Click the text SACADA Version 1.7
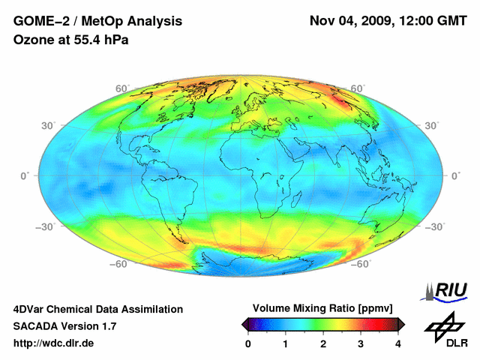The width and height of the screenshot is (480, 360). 64,326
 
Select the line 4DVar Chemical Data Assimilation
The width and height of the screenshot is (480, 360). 97,309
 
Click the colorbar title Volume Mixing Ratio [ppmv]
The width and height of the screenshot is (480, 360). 322,308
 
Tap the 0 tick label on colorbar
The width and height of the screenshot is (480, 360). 248,343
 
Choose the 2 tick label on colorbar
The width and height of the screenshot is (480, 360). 323,343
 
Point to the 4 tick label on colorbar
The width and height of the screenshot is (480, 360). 397,343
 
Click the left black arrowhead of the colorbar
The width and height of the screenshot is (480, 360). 244,324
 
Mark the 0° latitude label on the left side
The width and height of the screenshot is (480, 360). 25,175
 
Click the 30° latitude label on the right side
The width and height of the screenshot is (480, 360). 432,124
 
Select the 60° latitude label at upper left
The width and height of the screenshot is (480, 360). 121,88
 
